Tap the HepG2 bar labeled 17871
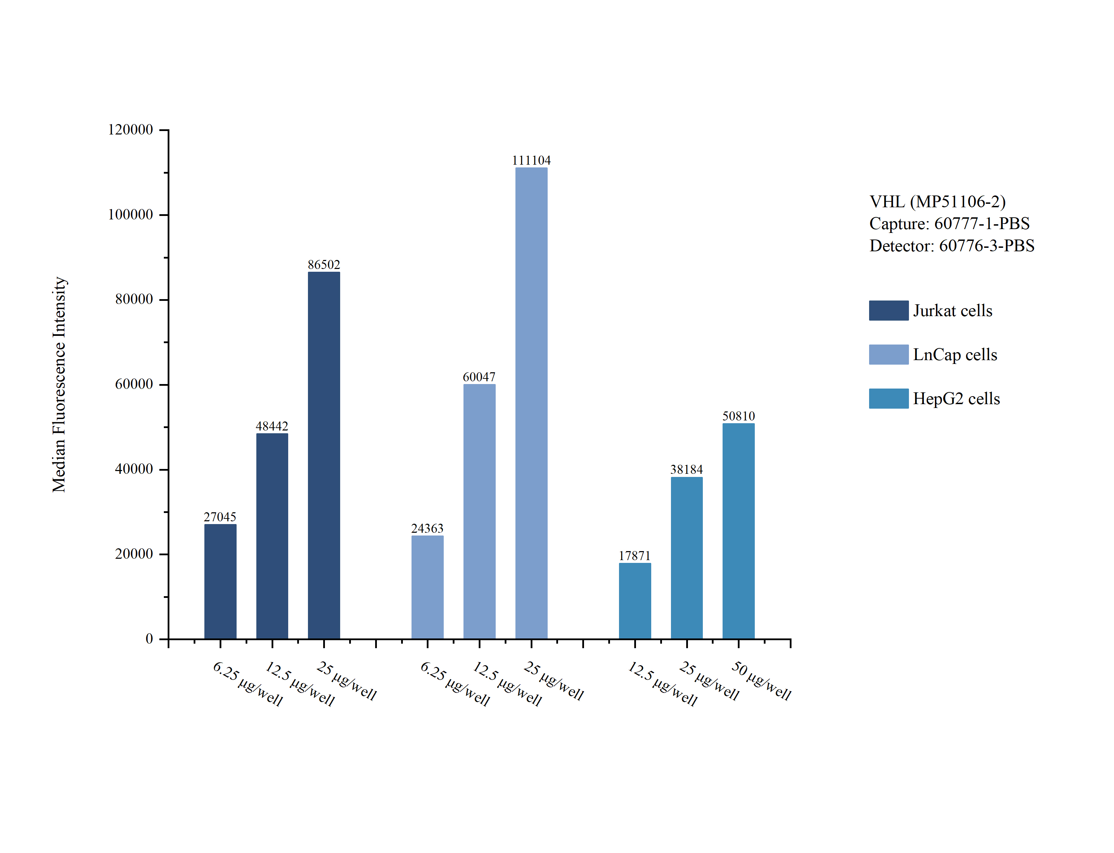[635, 601]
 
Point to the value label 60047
[479, 377]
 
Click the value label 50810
[738, 416]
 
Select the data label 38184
[686, 469]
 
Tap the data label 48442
[272, 426]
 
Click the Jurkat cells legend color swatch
[888, 310]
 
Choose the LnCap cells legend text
[955, 354]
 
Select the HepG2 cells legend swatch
[888, 399]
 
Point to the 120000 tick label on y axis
[130, 130]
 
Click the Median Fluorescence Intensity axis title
[59, 384]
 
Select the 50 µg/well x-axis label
[761, 680]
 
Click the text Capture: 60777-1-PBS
[949, 224]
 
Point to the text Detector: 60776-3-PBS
[952, 246]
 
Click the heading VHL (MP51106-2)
[937, 202]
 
